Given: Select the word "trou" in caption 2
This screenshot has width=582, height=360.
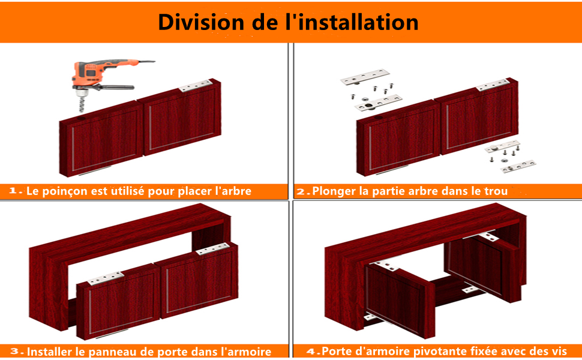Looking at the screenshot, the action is tap(496, 191).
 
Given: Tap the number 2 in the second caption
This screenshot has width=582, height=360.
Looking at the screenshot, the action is tap(301, 191).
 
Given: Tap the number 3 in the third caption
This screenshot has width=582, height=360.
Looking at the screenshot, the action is tap(15, 351).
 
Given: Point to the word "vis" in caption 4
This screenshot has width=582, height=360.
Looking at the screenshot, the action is tap(558, 352).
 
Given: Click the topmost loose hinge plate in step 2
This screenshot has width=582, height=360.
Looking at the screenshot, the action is tap(365, 77).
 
